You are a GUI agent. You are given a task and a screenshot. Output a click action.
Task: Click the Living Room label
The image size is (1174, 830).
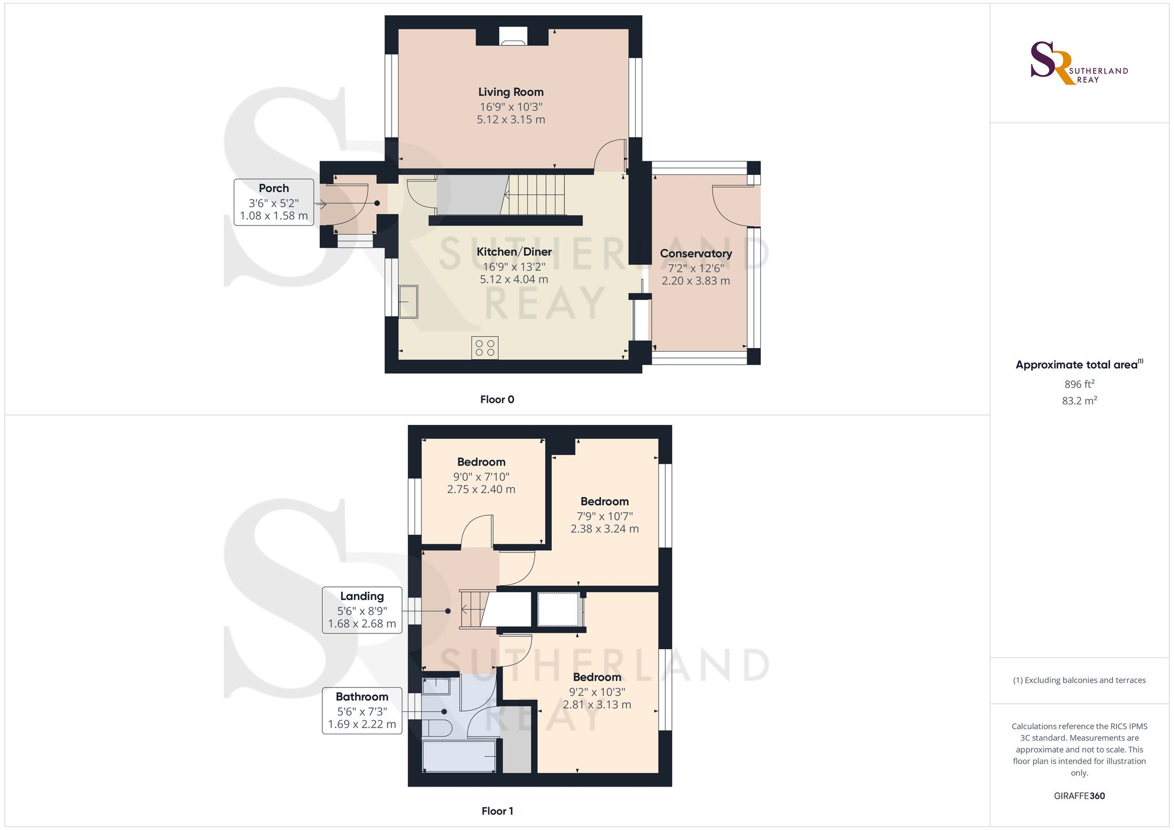(511, 92)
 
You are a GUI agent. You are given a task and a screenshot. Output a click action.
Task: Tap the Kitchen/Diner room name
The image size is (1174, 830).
(514, 252)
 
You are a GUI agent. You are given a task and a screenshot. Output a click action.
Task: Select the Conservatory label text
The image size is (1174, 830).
(696, 254)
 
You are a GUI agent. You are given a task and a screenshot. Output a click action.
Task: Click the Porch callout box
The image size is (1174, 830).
(274, 202)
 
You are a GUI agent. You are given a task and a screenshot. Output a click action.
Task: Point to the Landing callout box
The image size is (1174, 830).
(362, 610)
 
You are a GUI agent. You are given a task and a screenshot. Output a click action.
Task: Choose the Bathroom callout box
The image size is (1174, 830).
(362, 710)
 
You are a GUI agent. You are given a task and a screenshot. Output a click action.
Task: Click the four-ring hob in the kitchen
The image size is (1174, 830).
(485, 347)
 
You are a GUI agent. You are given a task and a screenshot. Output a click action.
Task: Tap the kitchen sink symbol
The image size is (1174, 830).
(408, 301)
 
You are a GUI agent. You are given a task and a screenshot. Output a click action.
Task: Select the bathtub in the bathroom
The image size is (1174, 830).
(460, 756)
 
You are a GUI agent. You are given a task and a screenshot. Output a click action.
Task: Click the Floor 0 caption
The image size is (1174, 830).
(497, 400)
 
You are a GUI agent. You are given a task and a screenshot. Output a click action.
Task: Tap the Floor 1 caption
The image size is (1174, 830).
(497, 811)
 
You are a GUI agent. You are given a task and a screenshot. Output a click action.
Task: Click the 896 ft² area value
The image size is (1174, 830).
(1079, 384)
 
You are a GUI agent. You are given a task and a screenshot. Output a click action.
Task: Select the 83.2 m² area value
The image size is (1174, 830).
(1079, 401)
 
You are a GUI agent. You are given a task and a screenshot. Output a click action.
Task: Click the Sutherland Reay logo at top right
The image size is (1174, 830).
(1079, 63)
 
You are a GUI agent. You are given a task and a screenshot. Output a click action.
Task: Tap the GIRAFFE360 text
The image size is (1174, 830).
(1079, 796)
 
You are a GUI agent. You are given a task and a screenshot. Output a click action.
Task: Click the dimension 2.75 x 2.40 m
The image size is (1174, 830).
(481, 490)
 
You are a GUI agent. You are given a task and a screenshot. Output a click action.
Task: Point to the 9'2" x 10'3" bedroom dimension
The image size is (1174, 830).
(596, 692)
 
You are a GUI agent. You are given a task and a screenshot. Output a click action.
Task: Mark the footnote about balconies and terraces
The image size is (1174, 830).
(1079, 680)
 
